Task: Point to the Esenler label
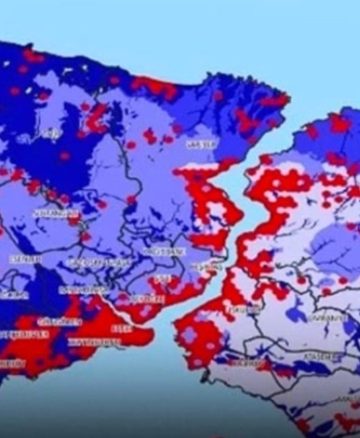[23, 260]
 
